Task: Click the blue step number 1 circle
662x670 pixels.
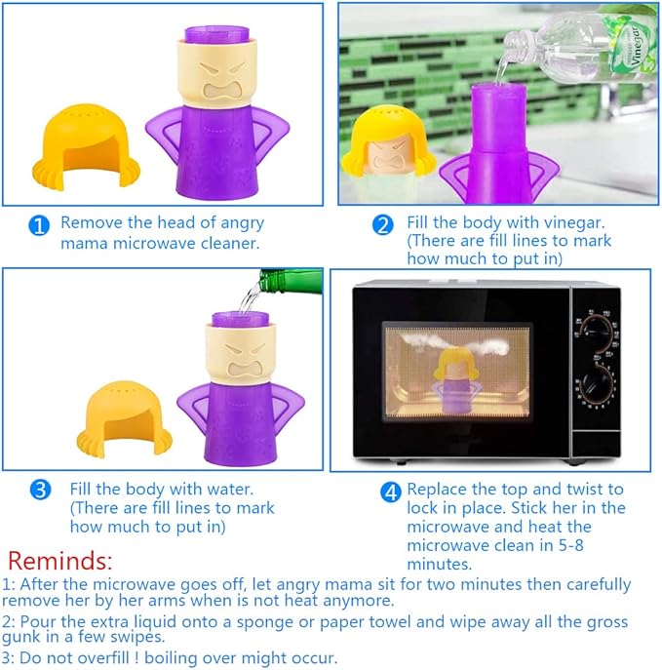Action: pos(39,226)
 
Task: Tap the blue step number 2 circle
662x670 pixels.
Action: pos(383,225)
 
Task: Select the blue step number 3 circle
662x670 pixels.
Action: pos(41,490)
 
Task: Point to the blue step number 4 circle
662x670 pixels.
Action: pos(390,491)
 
